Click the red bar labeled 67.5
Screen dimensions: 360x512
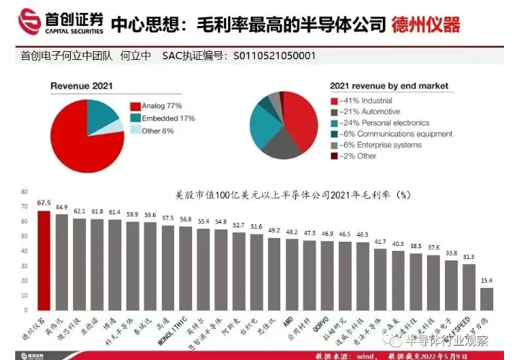click(44, 260)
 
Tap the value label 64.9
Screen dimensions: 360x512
click(62, 208)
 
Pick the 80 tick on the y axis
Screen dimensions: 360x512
click(24, 192)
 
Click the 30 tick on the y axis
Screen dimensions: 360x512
click(24, 265)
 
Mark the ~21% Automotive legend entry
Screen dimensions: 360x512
click(371, 113)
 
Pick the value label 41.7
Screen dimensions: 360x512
click(380, 242)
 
